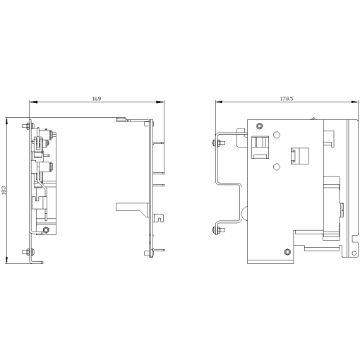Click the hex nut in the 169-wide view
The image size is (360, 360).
tap(47, 230)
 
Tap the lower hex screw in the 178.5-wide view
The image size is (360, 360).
tap(286, 251)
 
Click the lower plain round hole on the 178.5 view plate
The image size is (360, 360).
tap(276, 167)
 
